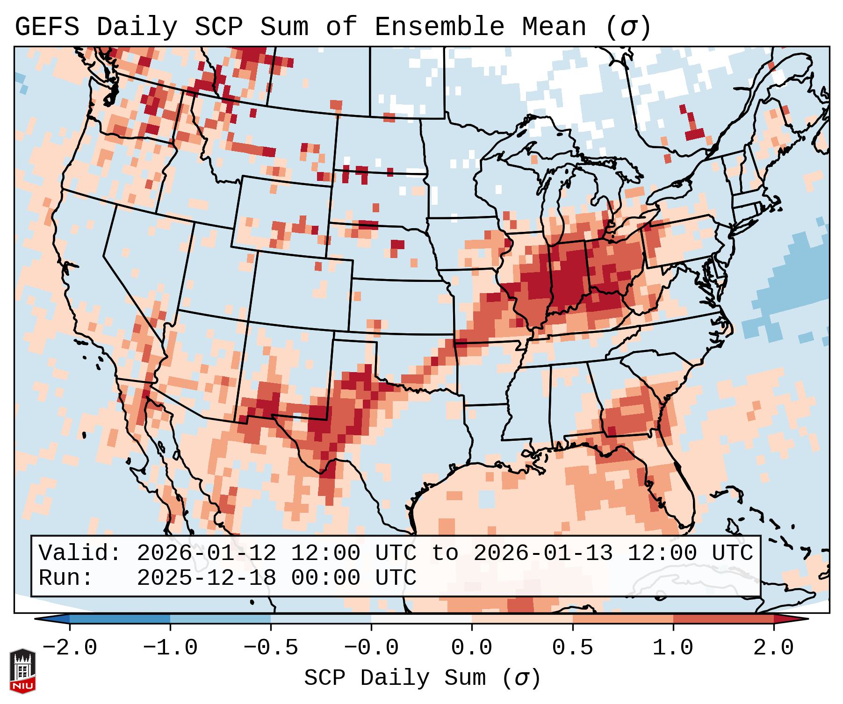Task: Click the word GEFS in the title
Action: (x=47, y=27)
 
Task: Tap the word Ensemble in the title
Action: (x=440, y=27)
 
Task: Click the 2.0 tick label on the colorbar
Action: (x=773, y=648)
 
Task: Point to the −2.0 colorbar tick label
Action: (x=69, y=648)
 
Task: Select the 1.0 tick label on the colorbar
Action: (x=673, y=648)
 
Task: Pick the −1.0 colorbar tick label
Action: (x=170, y=648)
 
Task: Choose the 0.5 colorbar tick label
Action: (x=572, y=648)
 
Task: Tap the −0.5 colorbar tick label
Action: (x=270, y=648)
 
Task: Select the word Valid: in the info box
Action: (x=80, y=553)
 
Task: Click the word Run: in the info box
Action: (x=66, y=578)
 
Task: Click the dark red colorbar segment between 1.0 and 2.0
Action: (x=723, y=619)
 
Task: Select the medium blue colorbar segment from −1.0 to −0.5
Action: (x=220, y=619)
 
